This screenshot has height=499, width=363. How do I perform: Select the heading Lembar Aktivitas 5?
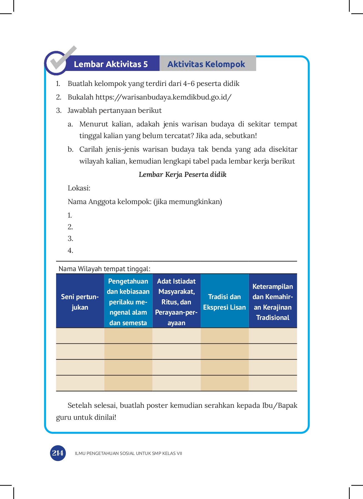[x=110, y=64]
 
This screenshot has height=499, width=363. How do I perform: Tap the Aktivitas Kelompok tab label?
[x=206, y=64]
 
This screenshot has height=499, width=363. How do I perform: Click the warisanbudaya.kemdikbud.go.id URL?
[x=163, y=97]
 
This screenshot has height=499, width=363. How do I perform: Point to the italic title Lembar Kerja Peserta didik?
[x=182, y=175]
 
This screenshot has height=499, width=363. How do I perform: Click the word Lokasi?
[x=79, y=188]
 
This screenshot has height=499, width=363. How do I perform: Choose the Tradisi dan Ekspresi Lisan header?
[x=225, y=302]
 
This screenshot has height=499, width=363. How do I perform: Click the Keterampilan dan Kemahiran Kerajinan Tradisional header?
[x=273, y=302]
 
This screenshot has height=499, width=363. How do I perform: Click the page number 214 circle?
[x=58, y=453]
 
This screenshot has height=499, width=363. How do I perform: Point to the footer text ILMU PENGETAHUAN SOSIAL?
[x=128, y=454]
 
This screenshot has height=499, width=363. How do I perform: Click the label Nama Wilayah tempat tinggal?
[x=104, y=269]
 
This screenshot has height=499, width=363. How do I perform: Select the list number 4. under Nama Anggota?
[x=70, y=251]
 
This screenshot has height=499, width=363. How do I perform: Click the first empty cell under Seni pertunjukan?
[x=80, y=336]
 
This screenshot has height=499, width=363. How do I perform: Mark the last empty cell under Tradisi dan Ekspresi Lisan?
[x=225, y=383]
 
